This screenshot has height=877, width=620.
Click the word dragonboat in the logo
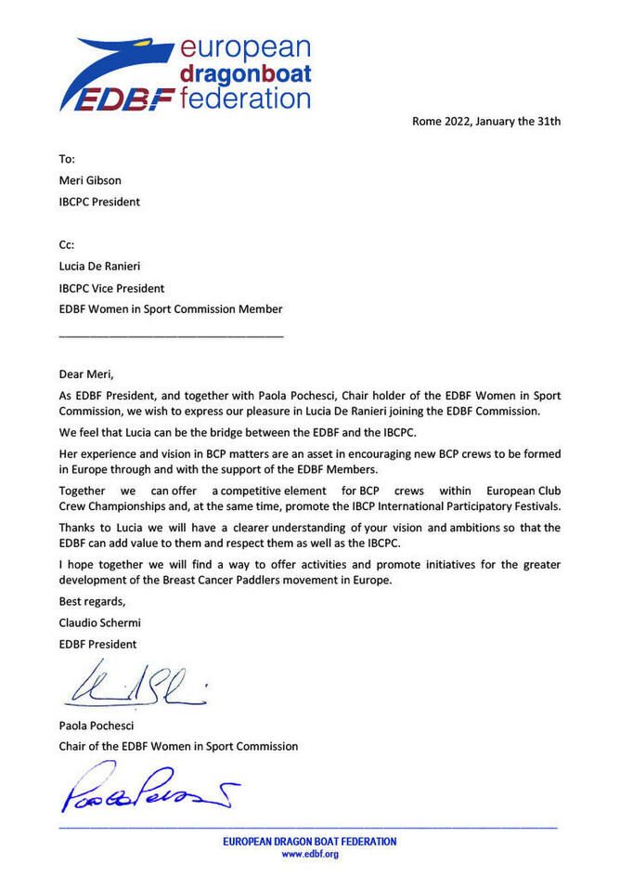(244, 73)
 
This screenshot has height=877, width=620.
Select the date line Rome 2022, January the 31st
(486, 121)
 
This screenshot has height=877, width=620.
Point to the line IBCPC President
(100, 201)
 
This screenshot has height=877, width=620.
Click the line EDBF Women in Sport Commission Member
(171, 309)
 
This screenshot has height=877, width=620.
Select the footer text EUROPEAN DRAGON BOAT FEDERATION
(309, 842)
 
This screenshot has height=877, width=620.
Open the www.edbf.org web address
(310, 855)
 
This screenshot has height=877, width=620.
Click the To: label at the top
(67, 159)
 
